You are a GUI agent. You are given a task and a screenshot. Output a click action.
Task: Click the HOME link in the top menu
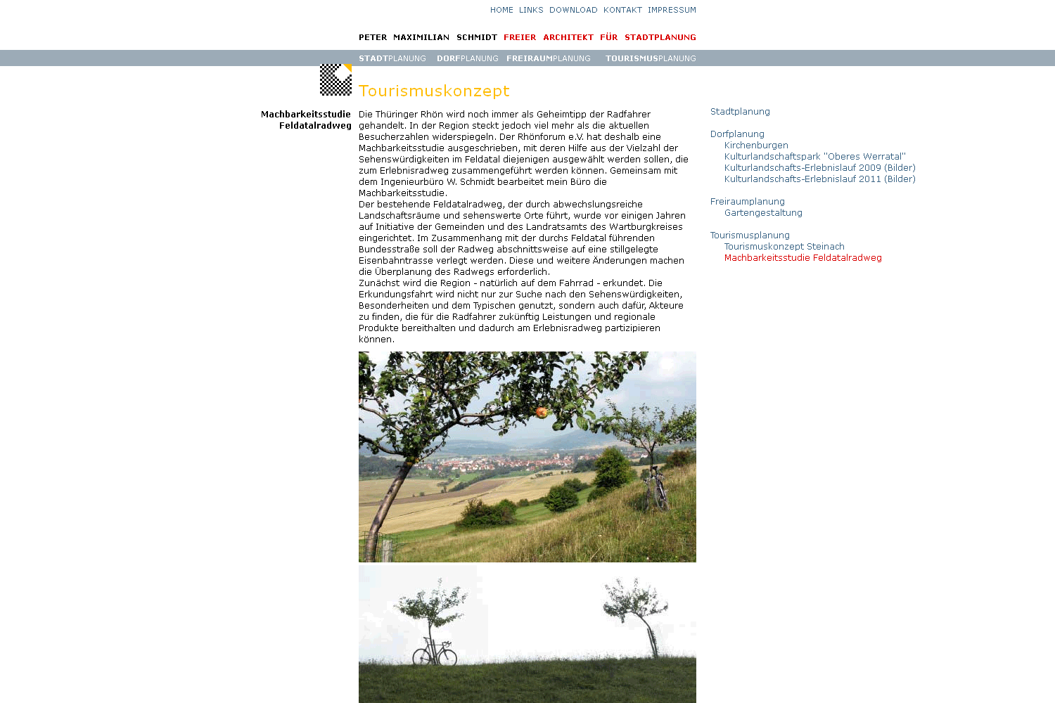(x=501, y=10)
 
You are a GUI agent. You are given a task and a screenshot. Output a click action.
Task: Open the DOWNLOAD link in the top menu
(x=573, y=10)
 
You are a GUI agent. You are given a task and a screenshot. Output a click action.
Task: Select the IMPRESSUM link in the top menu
(x=672, y=10)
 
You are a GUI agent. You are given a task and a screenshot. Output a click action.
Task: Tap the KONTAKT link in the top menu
(x=622, y=10)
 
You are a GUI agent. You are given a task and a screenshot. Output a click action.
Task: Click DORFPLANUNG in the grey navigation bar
(x=467, y=58)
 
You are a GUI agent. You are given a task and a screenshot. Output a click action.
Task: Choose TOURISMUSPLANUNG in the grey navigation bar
(x=651, y=58)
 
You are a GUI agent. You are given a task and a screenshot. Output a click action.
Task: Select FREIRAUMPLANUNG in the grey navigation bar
(x=548, y=58)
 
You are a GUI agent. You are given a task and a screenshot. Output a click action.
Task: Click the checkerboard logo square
(x=335, y=79)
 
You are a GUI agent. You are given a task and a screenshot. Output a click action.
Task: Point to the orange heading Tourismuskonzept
(x=434, y=91)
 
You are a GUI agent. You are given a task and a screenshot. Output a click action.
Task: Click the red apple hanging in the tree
(x=542, y=412)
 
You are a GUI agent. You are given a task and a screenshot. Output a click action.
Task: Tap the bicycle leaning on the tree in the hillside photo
(x=655, y=488)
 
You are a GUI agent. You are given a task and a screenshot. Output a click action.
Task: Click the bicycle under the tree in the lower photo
(x=434, y=653)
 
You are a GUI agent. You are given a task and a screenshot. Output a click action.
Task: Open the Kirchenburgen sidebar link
(x=756, y=146)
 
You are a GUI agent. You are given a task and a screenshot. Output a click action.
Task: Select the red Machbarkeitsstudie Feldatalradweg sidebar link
(x=803, y=258)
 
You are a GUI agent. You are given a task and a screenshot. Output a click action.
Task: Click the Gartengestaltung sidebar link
(x=763, y=213)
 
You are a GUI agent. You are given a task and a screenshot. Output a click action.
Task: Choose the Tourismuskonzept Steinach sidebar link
(x=784, y=247)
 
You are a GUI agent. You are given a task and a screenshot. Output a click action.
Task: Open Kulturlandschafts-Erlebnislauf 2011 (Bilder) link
(x=819, y=179)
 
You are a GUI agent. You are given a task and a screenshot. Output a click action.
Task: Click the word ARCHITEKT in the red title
(x=568, y=37)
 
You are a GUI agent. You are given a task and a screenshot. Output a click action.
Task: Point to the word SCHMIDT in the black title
(x=476, y=37)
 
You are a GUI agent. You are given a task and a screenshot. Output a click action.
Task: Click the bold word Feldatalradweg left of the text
(x=315, y=126)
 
